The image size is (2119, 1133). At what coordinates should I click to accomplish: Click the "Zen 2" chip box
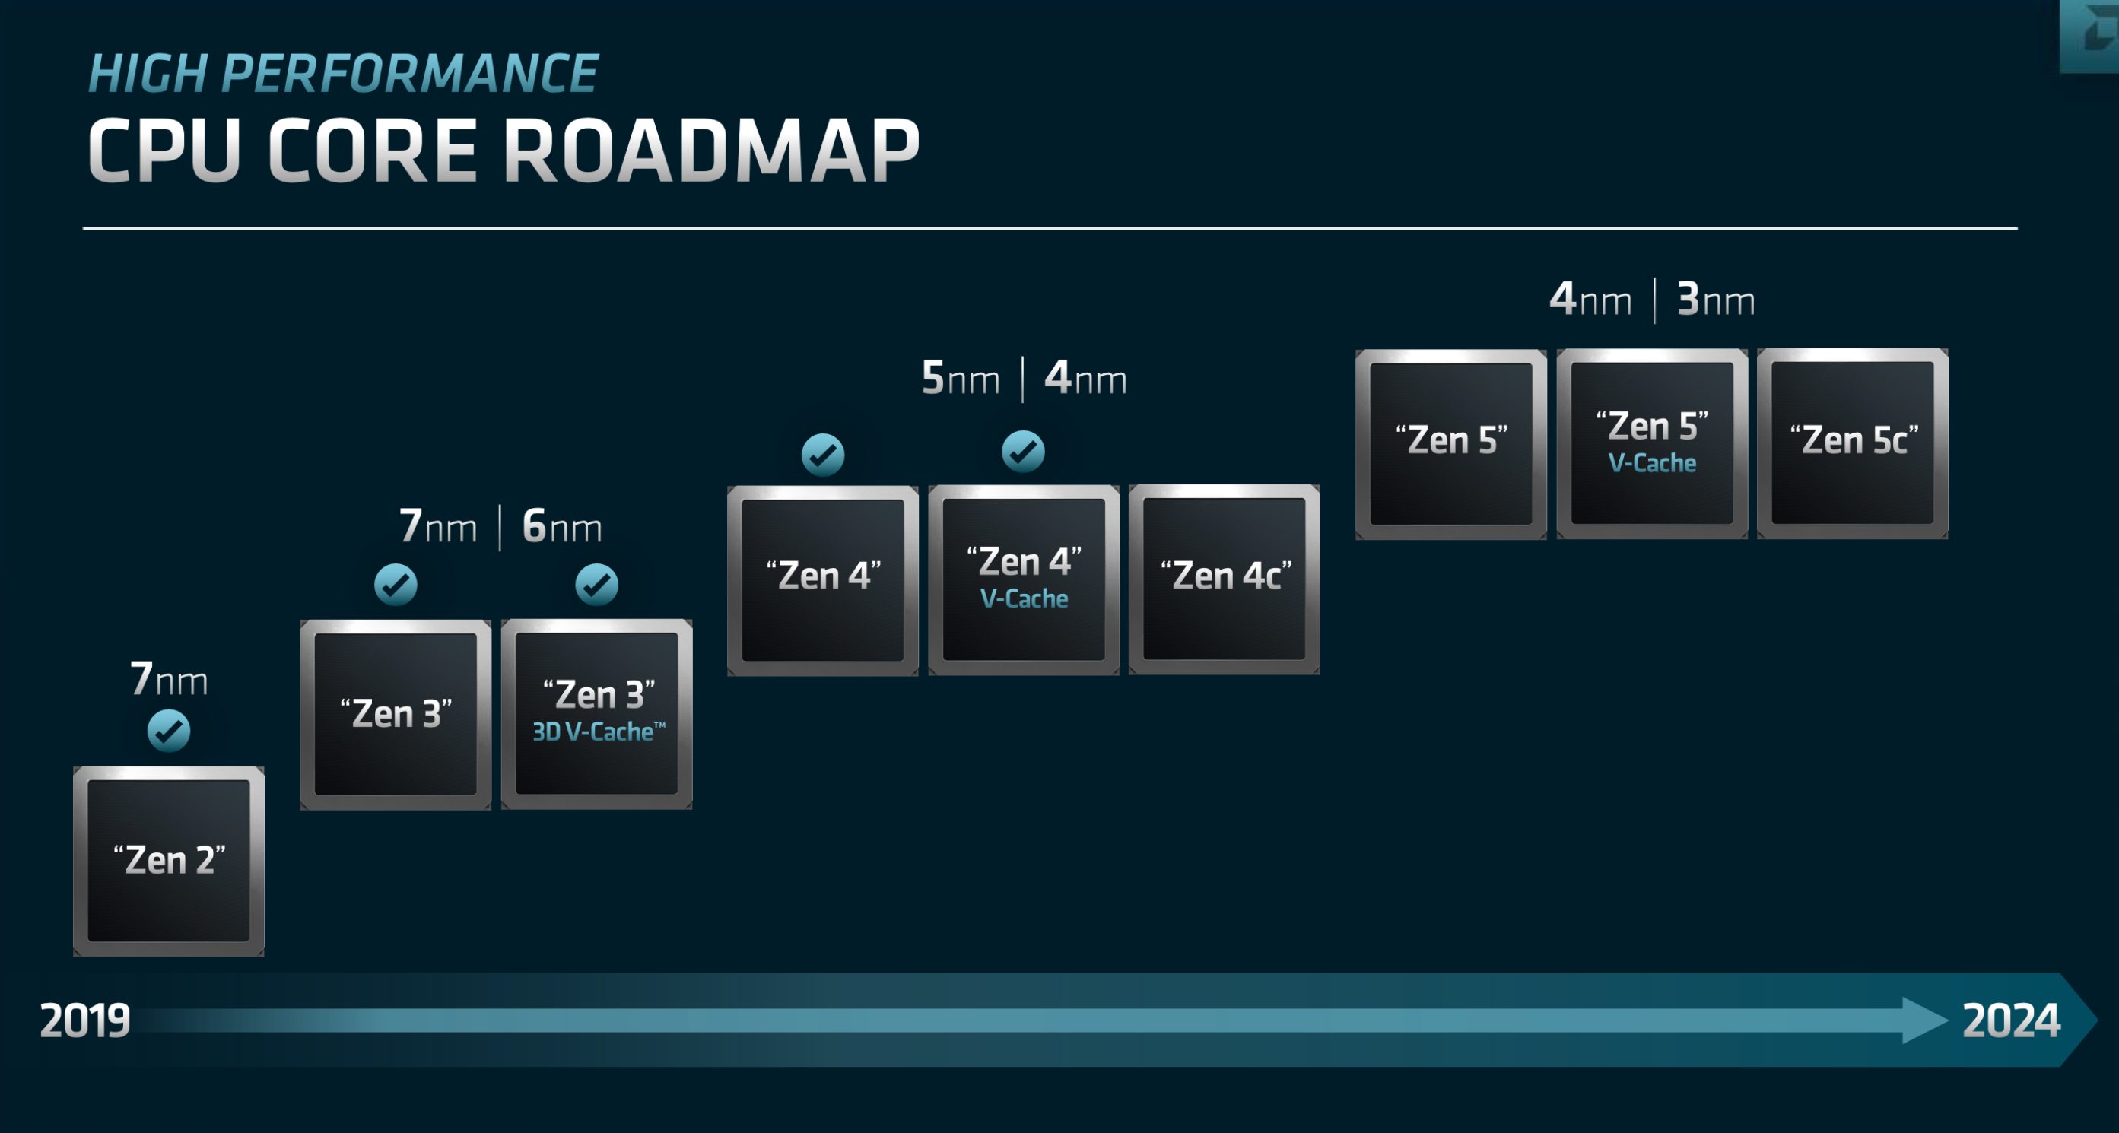169,861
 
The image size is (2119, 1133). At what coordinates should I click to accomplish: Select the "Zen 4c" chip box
1224,579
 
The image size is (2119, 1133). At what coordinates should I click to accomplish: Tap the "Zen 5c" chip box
1853,443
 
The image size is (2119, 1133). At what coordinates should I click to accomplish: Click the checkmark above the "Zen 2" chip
169,731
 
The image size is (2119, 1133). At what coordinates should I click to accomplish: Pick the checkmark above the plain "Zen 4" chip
823,455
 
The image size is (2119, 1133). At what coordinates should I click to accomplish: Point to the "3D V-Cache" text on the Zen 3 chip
598,732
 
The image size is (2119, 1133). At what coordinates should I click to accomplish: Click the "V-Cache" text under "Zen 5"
1652,464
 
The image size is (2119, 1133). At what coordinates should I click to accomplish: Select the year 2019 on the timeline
84,1020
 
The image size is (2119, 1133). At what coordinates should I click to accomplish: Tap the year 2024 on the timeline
2010,1020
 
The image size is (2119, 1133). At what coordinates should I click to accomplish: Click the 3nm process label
1716,300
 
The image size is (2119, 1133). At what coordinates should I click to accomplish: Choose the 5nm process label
960,379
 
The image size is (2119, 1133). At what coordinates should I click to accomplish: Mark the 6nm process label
562,526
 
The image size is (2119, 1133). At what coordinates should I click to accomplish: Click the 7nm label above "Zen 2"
169,679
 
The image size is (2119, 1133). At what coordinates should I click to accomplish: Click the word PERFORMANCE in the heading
409,74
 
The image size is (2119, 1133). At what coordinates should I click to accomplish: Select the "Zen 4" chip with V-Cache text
1023,579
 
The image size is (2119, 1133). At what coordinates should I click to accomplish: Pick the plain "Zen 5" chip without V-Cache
1451,443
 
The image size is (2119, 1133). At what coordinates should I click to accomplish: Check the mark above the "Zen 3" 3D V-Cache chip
596,585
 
